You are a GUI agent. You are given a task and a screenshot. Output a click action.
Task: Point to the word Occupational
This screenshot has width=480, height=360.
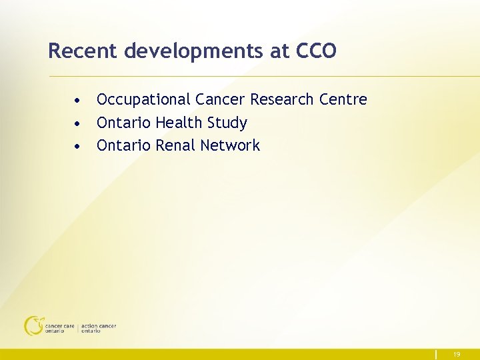pos(143,100)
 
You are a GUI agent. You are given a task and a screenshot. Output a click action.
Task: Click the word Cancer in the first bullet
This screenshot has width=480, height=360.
pos(220,99)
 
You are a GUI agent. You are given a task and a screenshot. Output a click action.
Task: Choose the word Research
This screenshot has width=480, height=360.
pos(282,99)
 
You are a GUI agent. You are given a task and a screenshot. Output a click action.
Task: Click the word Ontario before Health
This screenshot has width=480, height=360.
pos(123,123)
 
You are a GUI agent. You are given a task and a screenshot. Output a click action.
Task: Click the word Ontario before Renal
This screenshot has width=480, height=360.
pos(123,145)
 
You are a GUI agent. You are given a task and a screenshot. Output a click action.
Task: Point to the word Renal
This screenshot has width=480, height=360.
pos(175,145)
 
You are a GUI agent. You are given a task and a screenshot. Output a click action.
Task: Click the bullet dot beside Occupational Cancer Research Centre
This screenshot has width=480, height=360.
pos(79,101)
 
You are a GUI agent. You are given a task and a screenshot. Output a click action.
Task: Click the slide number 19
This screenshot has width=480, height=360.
pos(457,355)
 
